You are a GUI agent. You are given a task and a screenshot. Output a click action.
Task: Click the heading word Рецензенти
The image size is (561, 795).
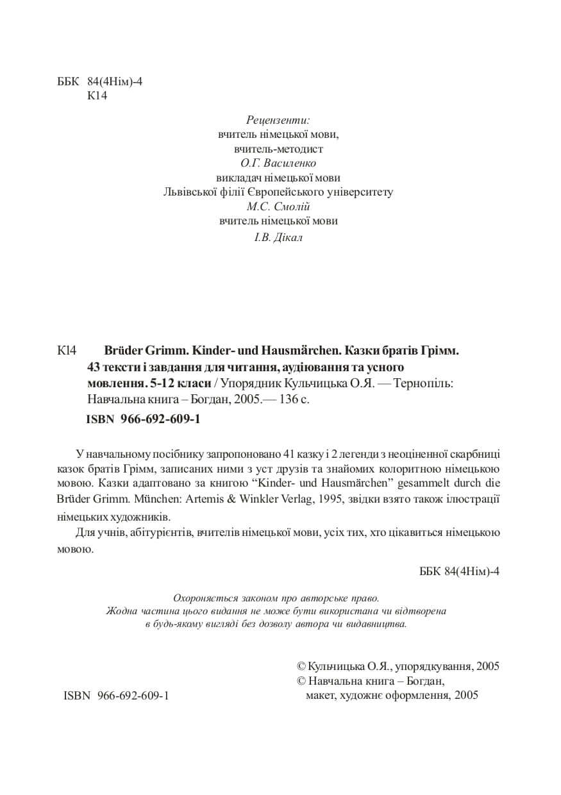(x=278, y=120)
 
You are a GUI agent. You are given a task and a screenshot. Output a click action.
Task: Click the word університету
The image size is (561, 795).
(x=357, y=192)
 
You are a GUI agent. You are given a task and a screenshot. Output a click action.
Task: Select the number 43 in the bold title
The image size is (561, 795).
(x=93, y=367)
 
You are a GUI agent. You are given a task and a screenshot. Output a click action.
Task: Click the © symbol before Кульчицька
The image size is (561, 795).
(x=303, y=666)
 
